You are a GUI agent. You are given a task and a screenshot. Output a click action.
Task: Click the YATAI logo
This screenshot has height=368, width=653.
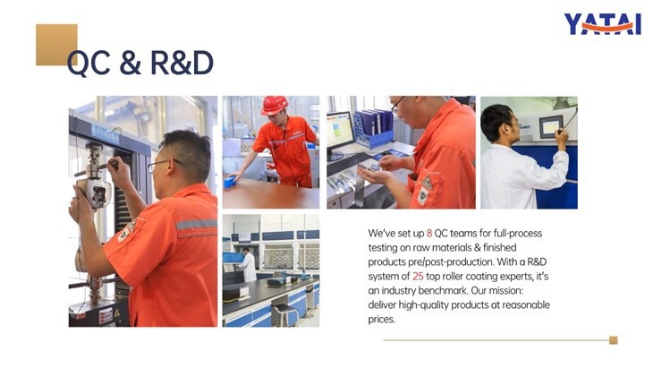coord(602,25)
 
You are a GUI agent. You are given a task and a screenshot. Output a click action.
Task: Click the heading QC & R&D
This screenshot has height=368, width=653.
coord(140,63)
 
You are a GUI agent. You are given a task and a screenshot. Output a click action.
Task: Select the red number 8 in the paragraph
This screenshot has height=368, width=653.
coord(429,233)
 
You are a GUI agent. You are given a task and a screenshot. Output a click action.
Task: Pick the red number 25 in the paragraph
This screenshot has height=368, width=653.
coord(418,277)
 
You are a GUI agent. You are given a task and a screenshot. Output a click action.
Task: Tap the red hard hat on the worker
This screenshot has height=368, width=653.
coord(274,105)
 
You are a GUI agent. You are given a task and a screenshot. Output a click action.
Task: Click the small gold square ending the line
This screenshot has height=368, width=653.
coord(613,340)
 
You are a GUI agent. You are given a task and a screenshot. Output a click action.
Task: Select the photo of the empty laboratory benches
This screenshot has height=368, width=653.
coord(270,270)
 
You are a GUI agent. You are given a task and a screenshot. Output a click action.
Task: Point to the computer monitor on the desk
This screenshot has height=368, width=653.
coord(340,131)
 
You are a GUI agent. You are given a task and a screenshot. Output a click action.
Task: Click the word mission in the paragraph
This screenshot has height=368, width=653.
coord(522,291)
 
